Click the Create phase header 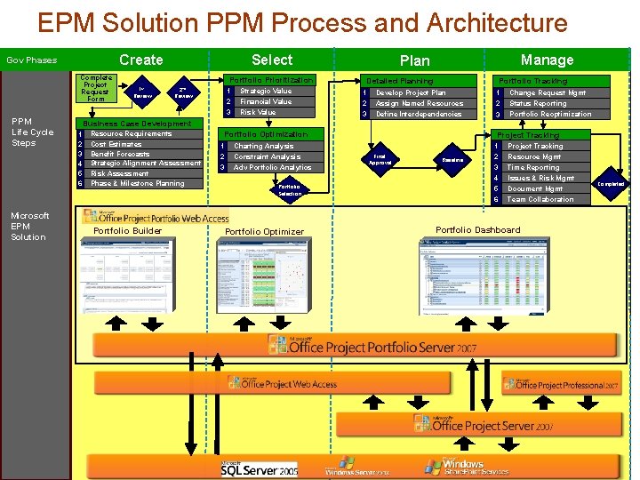140,60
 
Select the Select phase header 272,60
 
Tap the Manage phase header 547,60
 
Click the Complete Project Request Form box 95,88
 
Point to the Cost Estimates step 116,144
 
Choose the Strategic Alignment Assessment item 146,164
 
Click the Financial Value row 265,101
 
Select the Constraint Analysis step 267,156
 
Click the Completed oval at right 611,183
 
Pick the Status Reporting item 537,103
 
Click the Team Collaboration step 540,199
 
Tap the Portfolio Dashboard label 478,229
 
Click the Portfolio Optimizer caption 264,232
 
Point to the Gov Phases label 32,60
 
